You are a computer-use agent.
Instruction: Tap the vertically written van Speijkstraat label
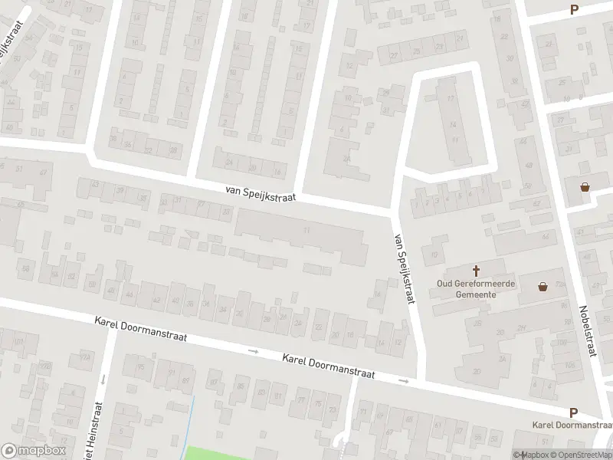(x=403, y=268)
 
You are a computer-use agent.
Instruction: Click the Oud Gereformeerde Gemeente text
(x=476, y=289)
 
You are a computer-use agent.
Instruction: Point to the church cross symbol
(x=476, y=271)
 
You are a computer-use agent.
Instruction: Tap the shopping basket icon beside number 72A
(x=543, y=287)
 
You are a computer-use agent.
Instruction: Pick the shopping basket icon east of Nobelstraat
(x=585, y=186)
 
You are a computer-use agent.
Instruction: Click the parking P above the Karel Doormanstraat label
(x=573, y=412)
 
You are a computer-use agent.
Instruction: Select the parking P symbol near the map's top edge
(x=573, y=10)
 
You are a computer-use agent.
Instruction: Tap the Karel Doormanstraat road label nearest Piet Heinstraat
(x=138, y=330)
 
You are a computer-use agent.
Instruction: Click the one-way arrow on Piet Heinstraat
(x=102, y=379)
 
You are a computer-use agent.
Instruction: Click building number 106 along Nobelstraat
(x=569, y=365)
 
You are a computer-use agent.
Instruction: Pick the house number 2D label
(x=347, y=159)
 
